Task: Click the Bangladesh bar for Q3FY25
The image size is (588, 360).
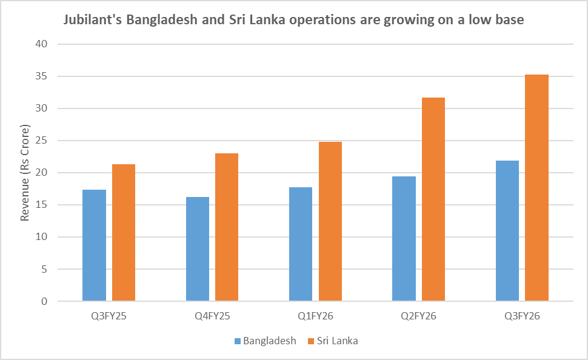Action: (94, 245)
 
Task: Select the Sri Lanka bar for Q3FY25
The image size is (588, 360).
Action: (124, 233)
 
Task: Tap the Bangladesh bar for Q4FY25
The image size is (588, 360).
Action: (198, 249)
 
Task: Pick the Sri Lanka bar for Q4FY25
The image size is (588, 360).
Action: (227, 227)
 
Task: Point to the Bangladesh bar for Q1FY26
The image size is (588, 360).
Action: (301, 244)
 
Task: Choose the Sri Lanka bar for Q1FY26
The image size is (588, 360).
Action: (330, 221)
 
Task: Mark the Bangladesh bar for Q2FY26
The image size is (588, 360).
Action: (404, 239)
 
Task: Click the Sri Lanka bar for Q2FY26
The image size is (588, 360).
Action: (433, 199)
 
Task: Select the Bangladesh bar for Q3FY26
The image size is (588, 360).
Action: (507, 231)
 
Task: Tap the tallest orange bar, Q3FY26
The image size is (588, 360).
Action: (536, 188)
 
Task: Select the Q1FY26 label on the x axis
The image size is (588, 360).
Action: (315, 316)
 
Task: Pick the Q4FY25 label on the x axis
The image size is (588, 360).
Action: (212, 316)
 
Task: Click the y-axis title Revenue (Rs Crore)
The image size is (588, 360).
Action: (25, 173)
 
